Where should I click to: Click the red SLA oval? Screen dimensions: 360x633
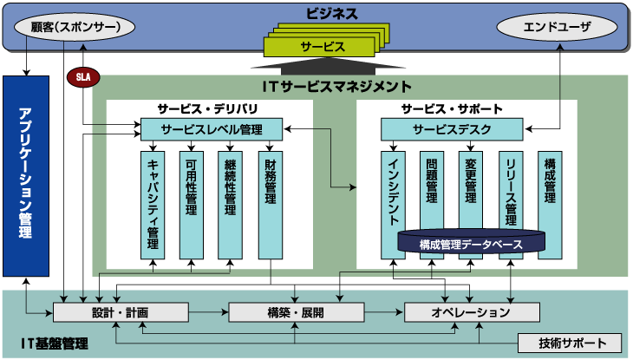pyautogui.click(x=83, y=76)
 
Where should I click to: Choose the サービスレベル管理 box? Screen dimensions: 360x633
pyautogui.click(x=211, y=129)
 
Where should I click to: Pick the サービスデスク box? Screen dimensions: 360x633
pyautogui.click(x=452, y=129)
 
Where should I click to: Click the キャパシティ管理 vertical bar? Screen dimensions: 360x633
pyautogui.click(x=153, y=204)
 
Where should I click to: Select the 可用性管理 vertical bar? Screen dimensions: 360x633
pyautogui.click(x=192, y=204)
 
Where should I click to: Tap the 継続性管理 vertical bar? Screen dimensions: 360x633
pyautogui.click(x=231, y=204)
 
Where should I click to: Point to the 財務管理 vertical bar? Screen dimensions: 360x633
pyautogui.click(x=271, y=204)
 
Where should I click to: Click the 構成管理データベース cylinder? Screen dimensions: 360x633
pyautogui.click(x=472, y=244)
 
